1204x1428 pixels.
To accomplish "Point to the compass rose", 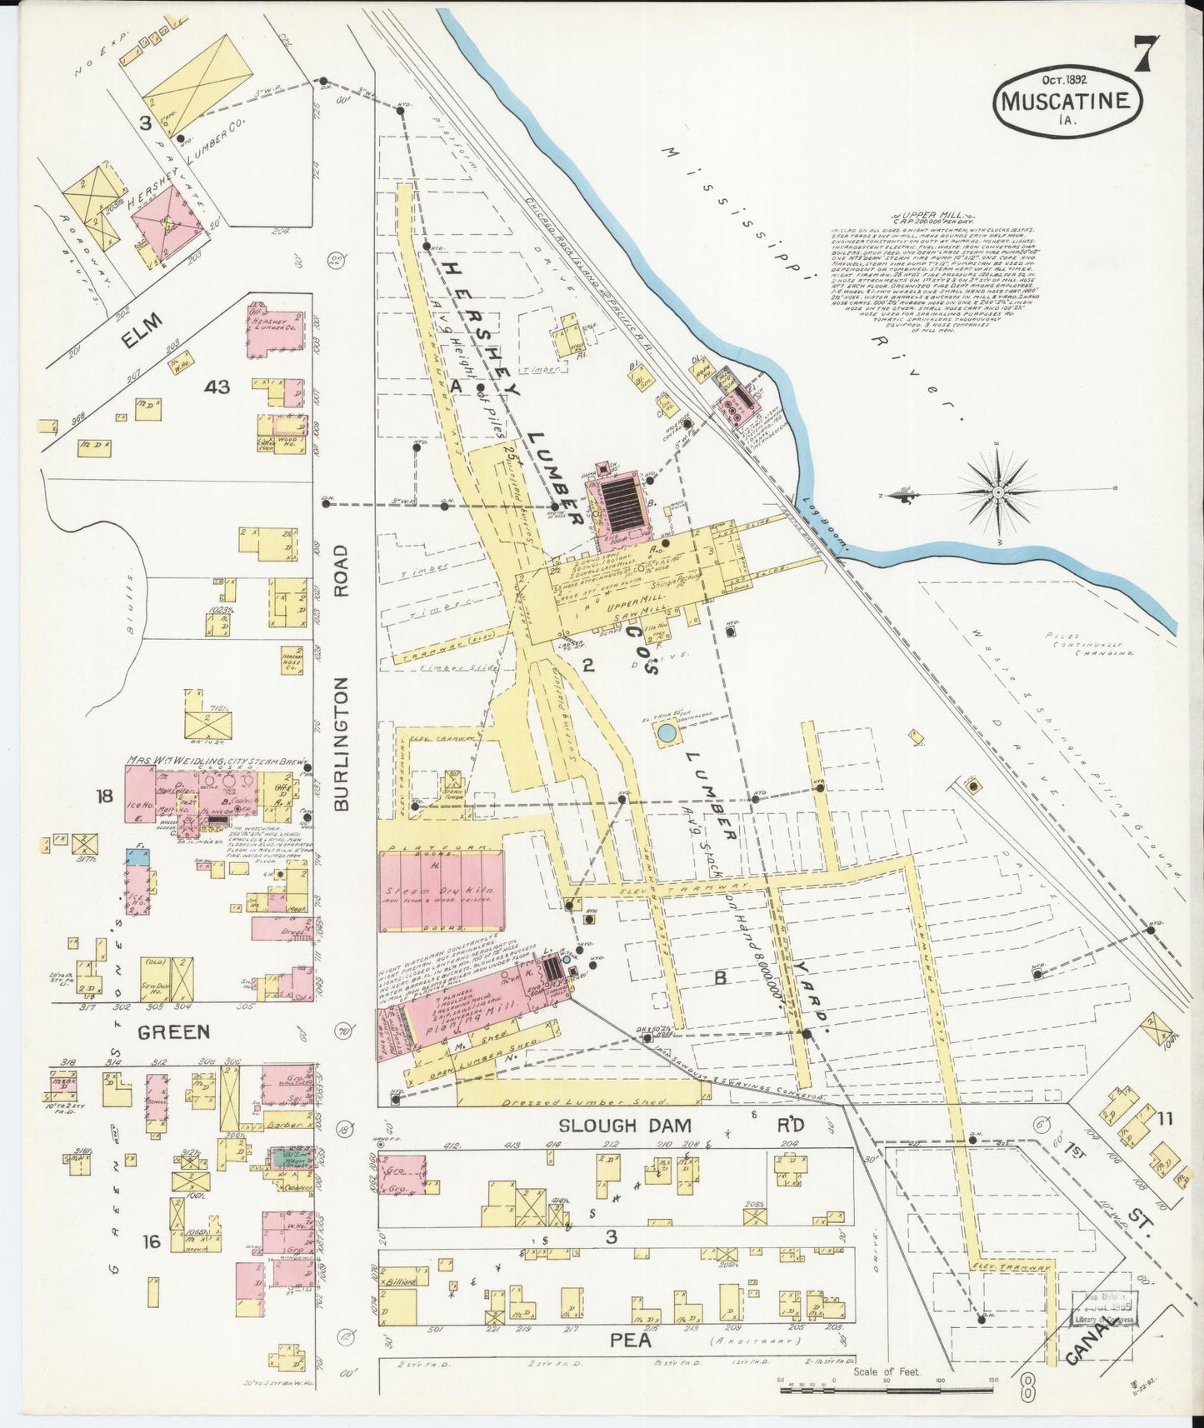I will tap(997, 493).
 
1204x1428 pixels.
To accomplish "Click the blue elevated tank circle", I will tap(667, 734).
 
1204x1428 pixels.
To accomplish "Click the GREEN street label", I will tap(173, 1032).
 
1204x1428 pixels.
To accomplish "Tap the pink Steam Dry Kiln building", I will tap(441, 890).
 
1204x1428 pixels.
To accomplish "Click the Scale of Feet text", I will tap(887, 1371).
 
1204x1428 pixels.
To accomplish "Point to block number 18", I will tap(104, 796).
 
